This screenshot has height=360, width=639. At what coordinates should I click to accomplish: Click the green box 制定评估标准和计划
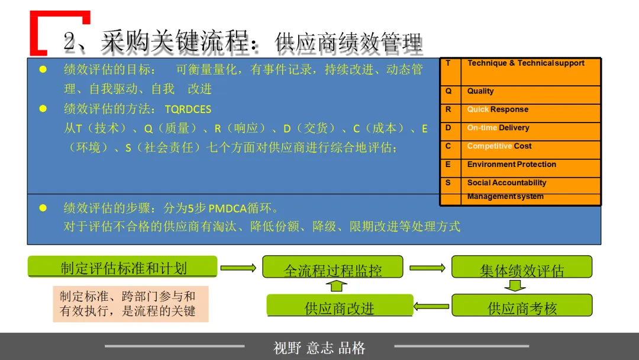coord(122,266)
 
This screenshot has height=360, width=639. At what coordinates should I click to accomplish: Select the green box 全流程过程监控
coord(333,267)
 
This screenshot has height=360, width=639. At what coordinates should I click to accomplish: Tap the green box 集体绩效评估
coord(521,267)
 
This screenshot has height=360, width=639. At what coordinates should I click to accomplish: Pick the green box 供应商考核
coord(521,306)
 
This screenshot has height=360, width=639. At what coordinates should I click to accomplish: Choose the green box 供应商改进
coord(340,306)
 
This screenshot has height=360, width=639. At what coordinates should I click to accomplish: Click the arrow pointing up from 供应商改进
coord(336,286)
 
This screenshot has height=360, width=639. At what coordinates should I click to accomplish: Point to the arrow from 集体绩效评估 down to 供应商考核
coord(515,286)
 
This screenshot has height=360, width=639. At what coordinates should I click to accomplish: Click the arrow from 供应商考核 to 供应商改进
coord(432,306)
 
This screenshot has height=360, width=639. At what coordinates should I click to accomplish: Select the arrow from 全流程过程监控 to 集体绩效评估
coord(427,268)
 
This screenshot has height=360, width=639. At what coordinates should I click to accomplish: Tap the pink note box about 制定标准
coord(130,304)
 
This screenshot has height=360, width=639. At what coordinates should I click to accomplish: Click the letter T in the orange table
coord(448,63)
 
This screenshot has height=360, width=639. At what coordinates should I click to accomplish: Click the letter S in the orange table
coord(448,183)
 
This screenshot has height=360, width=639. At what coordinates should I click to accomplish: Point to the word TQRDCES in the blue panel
coord(188,110)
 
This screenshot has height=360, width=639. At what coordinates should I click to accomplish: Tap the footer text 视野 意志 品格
coord(319,348)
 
